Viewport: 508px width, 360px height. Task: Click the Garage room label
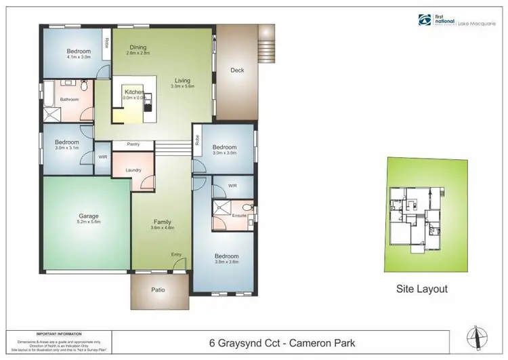(84, 218)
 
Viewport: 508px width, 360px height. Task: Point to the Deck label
(237, 70)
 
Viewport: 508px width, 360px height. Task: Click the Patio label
(157, 290)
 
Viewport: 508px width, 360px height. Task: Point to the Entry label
(177, 254)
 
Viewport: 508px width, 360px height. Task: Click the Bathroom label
(69, 100)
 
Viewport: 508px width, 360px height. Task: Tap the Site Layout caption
(421, 289)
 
